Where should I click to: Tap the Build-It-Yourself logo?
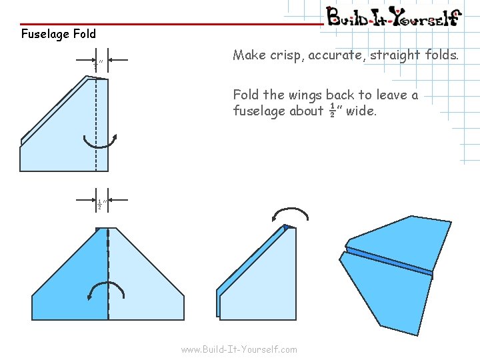[393, 16]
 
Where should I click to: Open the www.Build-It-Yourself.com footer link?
[239, 349]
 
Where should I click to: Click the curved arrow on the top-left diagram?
[100, 142]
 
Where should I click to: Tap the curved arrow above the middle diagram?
[291, 215]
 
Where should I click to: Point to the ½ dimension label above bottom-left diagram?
[99, 205]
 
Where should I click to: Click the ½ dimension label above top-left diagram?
[97, 64]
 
